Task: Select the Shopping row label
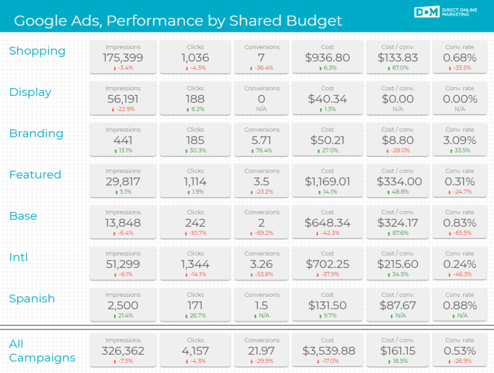37,51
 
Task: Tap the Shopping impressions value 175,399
123,58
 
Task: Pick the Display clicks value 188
195,99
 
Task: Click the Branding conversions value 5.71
261,141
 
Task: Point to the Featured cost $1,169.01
327,182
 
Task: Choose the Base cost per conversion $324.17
398,223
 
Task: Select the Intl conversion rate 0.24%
459,265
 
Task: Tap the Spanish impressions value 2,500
123,306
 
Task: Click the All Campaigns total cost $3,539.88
327,351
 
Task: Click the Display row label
30,93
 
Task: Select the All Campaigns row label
42,351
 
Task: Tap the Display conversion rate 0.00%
459,99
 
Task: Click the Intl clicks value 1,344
195,265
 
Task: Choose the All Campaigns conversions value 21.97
261,351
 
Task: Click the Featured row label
35,175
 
